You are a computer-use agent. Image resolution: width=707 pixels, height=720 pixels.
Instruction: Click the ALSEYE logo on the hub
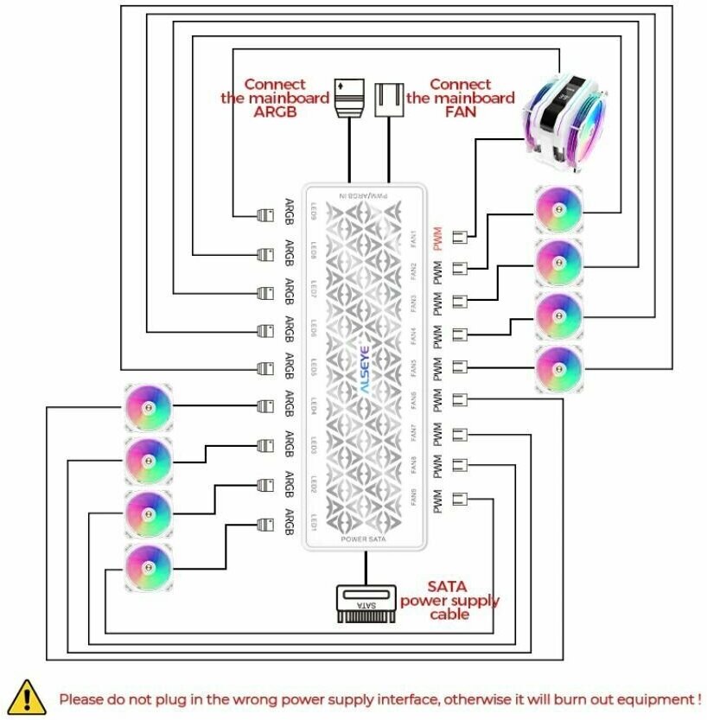[363, 366]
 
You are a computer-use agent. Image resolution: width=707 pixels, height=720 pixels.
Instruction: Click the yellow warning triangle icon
[28, 695]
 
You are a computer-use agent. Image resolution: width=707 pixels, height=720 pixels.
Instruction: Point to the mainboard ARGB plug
[349, 99]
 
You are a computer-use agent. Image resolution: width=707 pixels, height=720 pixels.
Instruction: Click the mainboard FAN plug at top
[389, 99]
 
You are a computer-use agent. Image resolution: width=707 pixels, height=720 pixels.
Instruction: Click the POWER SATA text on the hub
[364, 539]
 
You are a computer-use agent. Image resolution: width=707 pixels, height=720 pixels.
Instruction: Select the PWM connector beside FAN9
[459, 500]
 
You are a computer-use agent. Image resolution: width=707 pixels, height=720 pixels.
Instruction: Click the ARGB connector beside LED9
[266, 212]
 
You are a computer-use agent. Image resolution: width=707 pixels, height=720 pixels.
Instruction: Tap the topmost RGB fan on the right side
[558, 208]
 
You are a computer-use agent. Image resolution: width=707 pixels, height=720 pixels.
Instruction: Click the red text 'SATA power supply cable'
[449, 600]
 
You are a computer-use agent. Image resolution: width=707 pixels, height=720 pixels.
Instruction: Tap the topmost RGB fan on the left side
[149, 406]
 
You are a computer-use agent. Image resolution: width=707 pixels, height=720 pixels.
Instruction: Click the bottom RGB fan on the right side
[558, 368]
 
